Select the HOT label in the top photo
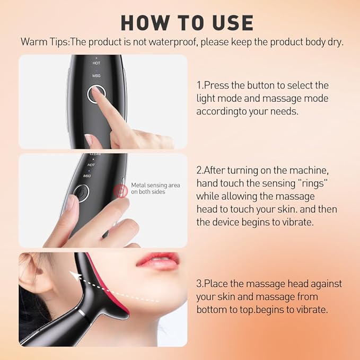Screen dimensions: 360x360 tap(96, 63)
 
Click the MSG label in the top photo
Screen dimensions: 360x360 tap(96, 76)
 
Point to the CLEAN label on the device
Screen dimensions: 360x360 tap(95, 154)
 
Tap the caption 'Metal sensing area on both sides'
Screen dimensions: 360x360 tap(155, 188)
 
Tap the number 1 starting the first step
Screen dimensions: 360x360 tap(199, 85)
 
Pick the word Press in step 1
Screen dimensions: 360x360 tap(217, 85)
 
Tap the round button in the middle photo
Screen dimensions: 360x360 tap(81, 194)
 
